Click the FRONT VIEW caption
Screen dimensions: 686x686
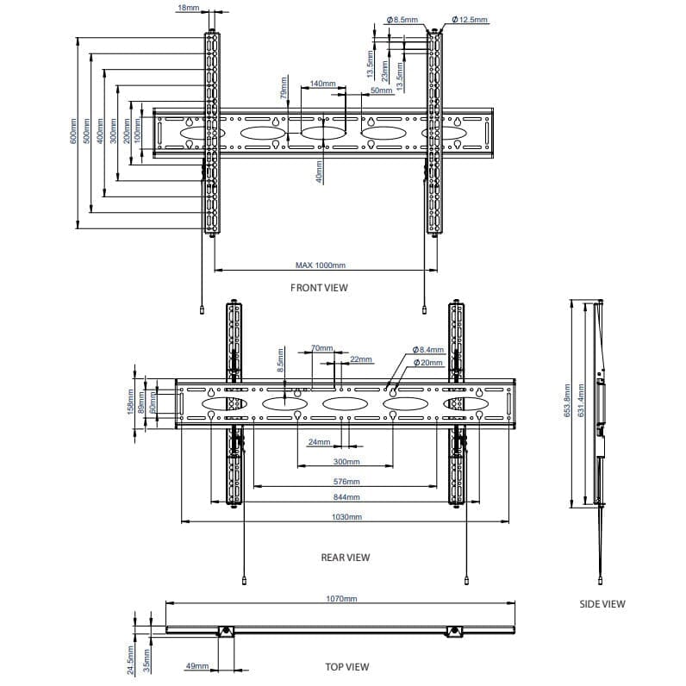tap(319, 288)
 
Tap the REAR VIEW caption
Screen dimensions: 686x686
tap(345, 558)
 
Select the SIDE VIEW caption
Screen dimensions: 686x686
tap(602, 604)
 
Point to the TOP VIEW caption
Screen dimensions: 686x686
tap(346, 667)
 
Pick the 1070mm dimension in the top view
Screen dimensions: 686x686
tap(342, 598)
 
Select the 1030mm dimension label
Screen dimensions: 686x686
tap(346, 516)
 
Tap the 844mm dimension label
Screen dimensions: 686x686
tap(346, 497)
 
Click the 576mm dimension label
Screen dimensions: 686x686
tap(346, 482)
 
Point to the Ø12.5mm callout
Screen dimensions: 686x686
tap(470, 19)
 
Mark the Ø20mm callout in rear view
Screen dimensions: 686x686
tap(428, 363)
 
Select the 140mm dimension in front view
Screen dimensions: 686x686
tap(322, 84)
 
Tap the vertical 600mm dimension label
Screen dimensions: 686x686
tap(74, 132)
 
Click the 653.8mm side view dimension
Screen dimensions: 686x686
tap(567, 402)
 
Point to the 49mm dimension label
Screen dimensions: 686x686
tap(197, 666)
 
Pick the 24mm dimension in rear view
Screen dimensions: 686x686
tap(319, 442)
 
